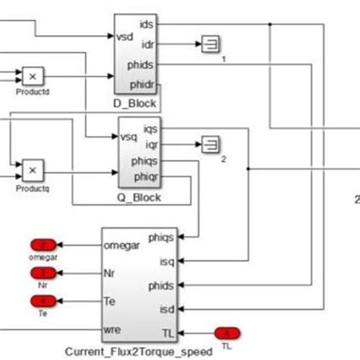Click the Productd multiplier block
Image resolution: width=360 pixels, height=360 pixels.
[33, 77]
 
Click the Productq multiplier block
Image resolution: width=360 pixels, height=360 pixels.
[33, 167]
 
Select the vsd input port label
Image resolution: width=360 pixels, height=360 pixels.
[124, 36]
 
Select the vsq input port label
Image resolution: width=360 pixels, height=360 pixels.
[128, 137]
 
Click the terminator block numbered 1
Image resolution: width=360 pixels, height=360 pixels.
[210, 45]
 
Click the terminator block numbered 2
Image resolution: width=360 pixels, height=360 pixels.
[210, 142]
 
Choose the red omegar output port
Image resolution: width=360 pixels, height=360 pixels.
[43, 245]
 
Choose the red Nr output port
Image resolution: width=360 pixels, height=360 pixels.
[43, 272]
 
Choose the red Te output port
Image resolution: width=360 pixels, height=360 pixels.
[43, 300]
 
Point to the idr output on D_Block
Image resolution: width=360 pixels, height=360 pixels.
[149, 44]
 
